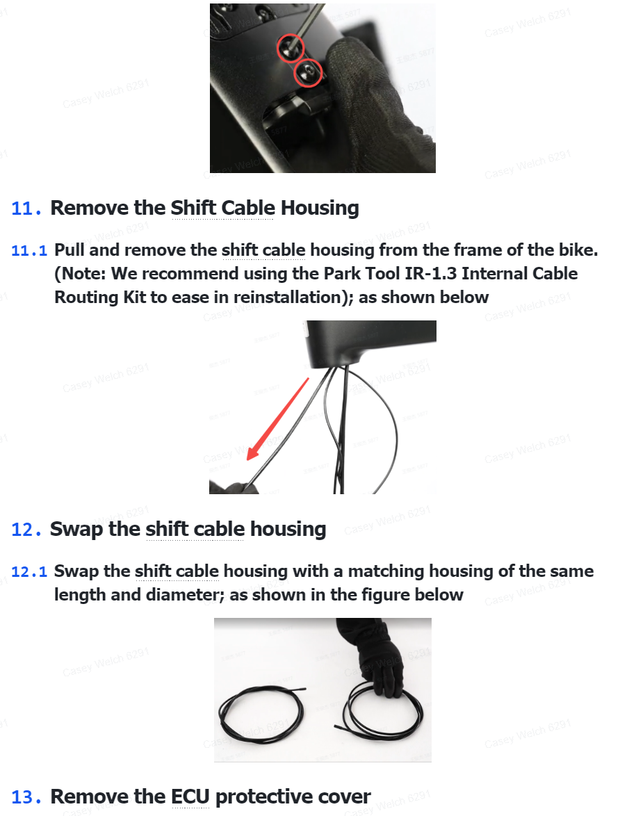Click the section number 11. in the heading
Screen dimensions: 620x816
click(x=26, y=209)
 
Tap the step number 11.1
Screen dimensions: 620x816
click(x=29, y=251)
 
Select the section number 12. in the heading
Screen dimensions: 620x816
click(x=26, y=530)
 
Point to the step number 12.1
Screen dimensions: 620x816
click(x=29, y=572)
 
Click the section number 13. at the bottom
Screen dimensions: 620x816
click(x=26, y=797)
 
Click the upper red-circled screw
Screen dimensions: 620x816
click(x=290, y=47)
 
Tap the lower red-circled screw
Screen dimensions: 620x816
click(x=308, y=74)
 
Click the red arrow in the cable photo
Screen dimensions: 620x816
click(x=277, y=419)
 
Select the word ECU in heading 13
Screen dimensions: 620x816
click(x=190, y=797)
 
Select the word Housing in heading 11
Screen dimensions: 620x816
click(x=320, y=208)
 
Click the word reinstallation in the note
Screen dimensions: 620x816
click(x=290, y=297)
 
